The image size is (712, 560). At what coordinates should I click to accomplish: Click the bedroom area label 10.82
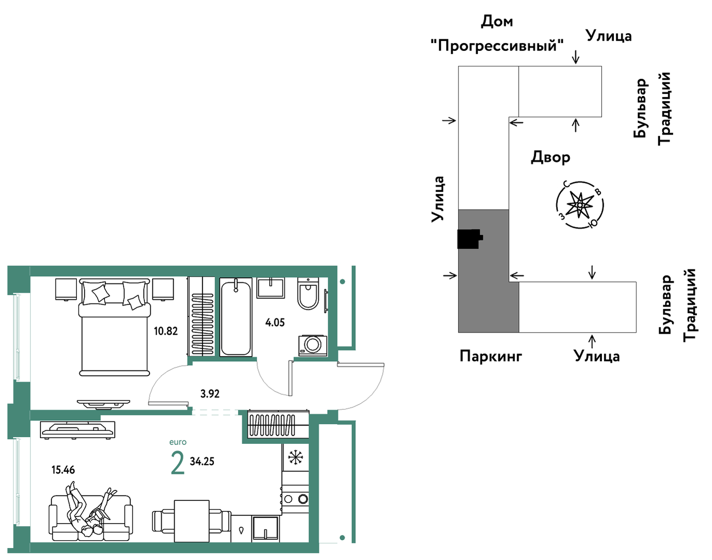[x=166, y=331]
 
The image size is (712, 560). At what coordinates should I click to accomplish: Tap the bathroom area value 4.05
[x=275, y=322]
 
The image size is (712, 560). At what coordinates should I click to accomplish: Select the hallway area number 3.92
[x=210, y=393]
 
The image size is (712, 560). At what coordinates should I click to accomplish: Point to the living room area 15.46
[x=63, y=470]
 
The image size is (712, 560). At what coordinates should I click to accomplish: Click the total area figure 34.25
[x=202, y=461]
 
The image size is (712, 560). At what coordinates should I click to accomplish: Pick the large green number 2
[x=178, y=463]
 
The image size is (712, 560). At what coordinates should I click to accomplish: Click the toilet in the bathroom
[x=308, y=294]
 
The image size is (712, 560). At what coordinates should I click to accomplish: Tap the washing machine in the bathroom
[x=313, y=346]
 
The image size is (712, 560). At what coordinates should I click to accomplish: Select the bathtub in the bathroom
[x=236, y=317]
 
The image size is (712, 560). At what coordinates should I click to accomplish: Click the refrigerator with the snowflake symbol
[x=295, y=457]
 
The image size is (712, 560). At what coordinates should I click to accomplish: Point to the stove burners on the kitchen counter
[x=295, y=498]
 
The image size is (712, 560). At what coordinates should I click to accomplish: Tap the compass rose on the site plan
[x=580, y=205]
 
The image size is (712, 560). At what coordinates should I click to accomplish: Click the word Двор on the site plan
[x=550, y=157]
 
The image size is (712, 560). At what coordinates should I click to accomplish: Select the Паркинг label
[x=491, y=356]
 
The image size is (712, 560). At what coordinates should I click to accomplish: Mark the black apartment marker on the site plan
[x=470, y=239]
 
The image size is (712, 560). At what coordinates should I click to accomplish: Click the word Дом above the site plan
[x=497, y=21]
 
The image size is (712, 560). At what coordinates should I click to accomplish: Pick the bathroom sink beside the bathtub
[x=271, y=288]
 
